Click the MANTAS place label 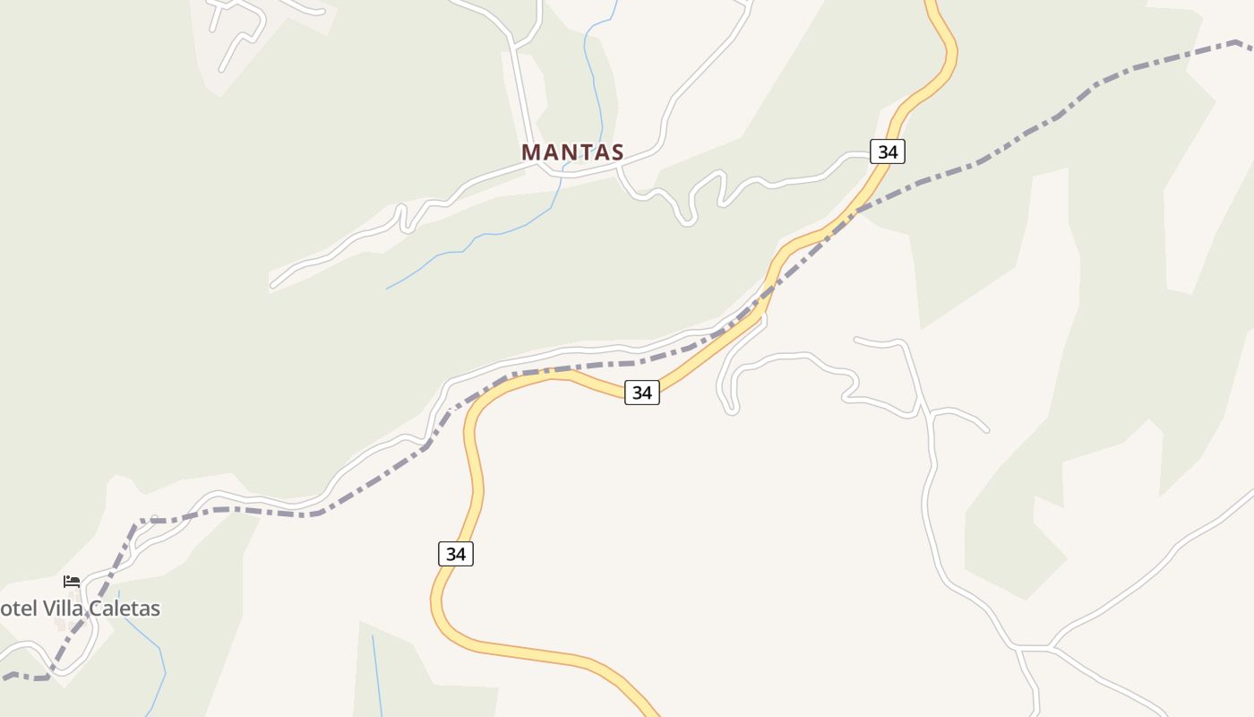click(x=572, y=152)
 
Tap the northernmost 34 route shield click(x=887, y=151)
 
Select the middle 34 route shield click(x=641, y=392)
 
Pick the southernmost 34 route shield click(x=455, y=554)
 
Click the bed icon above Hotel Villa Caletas click(x=72, y=582)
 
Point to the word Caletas click(x=122, y=609)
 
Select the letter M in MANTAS click(x=531, y=152)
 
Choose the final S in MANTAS click(x=616, y=152)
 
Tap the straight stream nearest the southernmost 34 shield click(x=376, y=672)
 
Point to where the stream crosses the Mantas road click(x=563, y=175)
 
